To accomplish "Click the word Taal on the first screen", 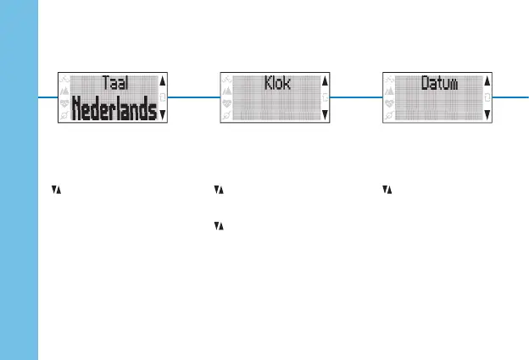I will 115,83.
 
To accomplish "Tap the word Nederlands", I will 114,109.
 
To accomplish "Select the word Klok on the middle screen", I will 277,83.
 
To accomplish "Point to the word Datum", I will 440,83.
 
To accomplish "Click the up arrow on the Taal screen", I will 163,81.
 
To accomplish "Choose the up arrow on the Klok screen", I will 326,81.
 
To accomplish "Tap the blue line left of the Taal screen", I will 47,97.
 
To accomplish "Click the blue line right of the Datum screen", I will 511,97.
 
